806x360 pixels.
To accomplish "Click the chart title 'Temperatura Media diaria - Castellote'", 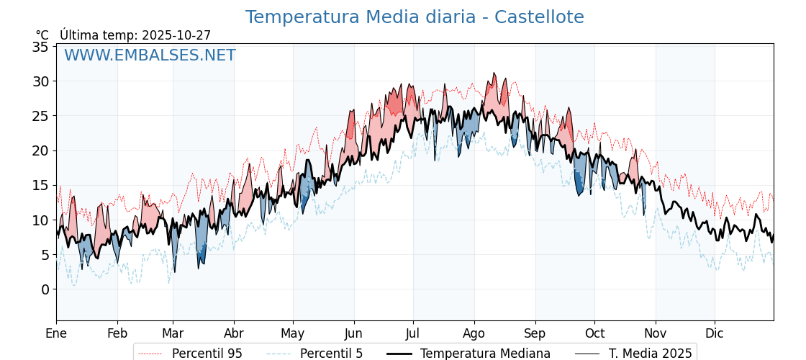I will [x=415, y=17].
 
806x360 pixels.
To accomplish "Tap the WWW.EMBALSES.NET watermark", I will [x=150, y=55].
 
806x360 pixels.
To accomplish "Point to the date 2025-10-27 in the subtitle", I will [x=176, y=35].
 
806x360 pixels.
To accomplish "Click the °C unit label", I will [x=42, y=35].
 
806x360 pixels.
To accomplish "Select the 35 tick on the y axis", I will [x=40, y=47].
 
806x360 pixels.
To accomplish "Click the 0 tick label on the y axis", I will [x=45, y=289].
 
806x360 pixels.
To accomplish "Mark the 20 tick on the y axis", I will [x=40, y=150].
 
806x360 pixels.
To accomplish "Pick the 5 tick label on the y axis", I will [x=45, y=255].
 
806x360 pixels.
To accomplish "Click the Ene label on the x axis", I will [x=56, y=333].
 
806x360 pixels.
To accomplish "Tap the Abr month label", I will [x=234, y=333].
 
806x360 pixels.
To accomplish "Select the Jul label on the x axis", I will [x=413, y=333].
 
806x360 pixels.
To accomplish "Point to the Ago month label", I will [x=474, y=333].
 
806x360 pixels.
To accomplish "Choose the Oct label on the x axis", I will [x=594, y=333].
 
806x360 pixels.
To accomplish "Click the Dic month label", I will [x=715, y=333].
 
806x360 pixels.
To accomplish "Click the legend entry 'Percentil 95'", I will [x=207, y=354].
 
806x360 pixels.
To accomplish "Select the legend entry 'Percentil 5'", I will [x=331, y=354].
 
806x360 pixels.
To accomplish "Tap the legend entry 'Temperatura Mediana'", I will [x=485, y=354].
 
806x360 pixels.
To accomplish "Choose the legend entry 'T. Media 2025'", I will [x=650, y=354].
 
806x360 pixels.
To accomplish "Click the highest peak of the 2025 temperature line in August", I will [x=494, y=73].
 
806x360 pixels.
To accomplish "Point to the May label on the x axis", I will [x=293, y=333].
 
